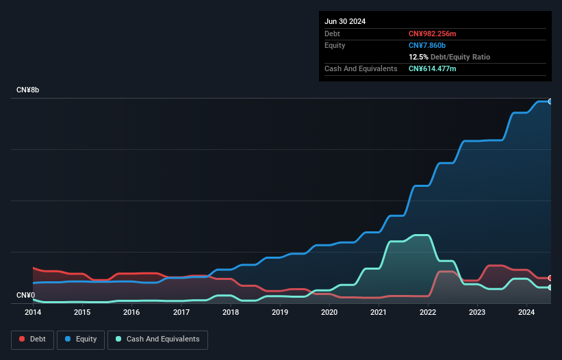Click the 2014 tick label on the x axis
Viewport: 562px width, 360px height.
[x=33, y=312]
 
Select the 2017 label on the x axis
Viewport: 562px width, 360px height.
[x=181, y=312]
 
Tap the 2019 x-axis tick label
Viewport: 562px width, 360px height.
[x=280, y=312]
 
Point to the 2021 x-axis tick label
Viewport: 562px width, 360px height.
[x=379, y=312]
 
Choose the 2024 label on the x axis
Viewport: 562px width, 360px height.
[x=526, y=312]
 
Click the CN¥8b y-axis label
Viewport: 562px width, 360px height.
[x=29, y=90]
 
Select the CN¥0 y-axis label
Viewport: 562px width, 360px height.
[x=26, y=296]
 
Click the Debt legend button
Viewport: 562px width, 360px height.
[x=32, y=339]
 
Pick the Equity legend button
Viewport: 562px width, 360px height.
[x=81, y=339]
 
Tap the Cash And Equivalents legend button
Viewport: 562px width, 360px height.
[x=157, y=339]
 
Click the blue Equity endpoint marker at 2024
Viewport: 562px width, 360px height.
[x=550, y=101]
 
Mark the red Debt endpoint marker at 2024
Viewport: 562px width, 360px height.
[x=550, y=278]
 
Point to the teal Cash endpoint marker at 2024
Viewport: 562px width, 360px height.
[x=550, y=287]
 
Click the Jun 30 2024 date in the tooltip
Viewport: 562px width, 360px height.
[x=345, y=21]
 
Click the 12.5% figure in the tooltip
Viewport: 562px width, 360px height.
[x=418, y=57]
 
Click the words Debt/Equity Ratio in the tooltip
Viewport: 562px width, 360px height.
[x=460, y=57]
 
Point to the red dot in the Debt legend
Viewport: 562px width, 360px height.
[x=22, y=339]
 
